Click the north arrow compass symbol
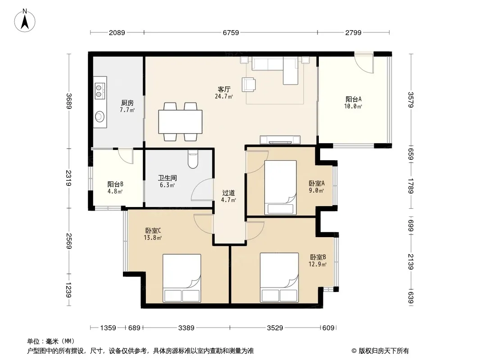coord(25,21)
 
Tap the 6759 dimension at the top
coord(231,32)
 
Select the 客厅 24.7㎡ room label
coord(224,93)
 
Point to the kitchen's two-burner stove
coord(100,91)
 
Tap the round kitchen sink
coord(100,116)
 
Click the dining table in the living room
coord(180,121)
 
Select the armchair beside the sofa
coord(249,85)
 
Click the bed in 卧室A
coord(281,187)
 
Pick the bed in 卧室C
coord(182,278)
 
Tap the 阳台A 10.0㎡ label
coord(353,103)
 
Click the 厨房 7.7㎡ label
coord(127,106)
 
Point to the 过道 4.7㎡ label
coord(228,196)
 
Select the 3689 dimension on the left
coord(69,101)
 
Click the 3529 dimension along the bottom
coord(275,328)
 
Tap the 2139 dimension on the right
coord(411,262)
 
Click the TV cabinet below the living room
coord(280,139)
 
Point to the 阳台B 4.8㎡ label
coord(115,188)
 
